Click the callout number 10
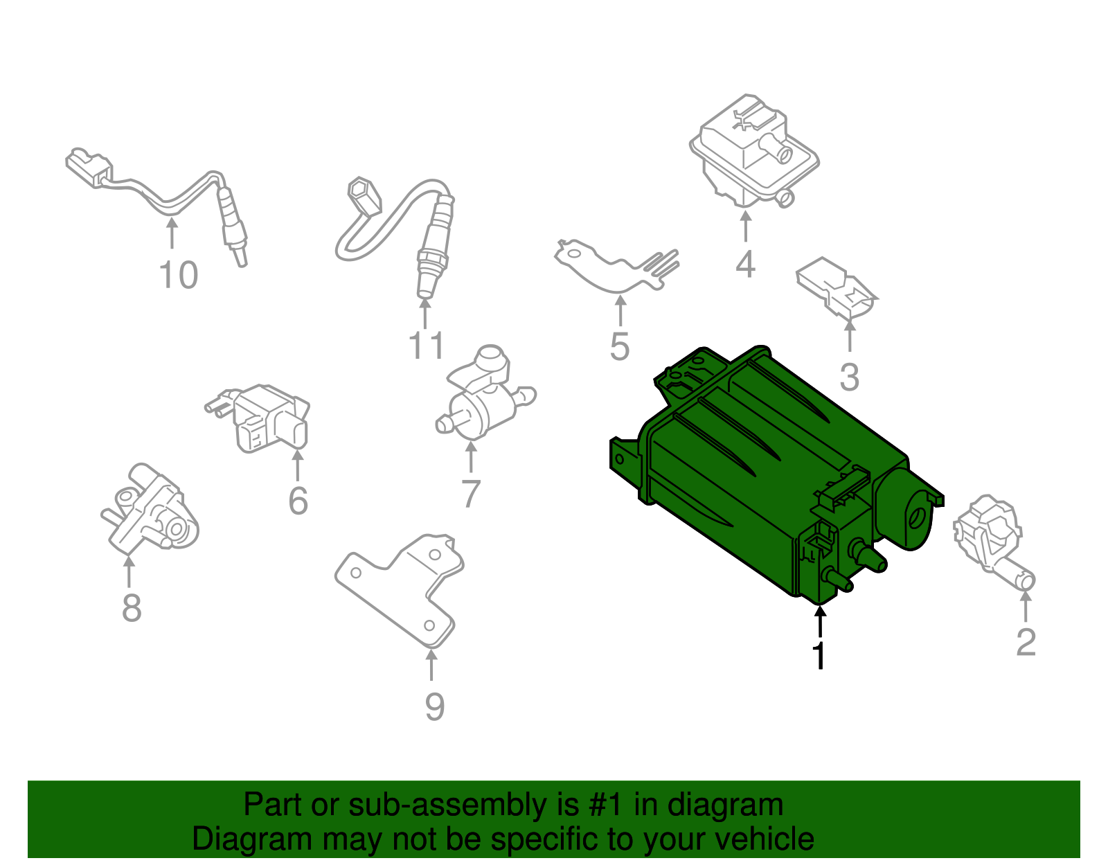click(x=179, y=276)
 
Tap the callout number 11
click(x=426, y=346)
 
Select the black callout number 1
click(x=819, y=654)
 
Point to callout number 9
click(x=434, y=706)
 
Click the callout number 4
click(x=745, y=264)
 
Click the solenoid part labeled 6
click(x=267, y=419)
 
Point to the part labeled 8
click(x=149, y=512)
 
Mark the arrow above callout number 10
click(x=172, y=233)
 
